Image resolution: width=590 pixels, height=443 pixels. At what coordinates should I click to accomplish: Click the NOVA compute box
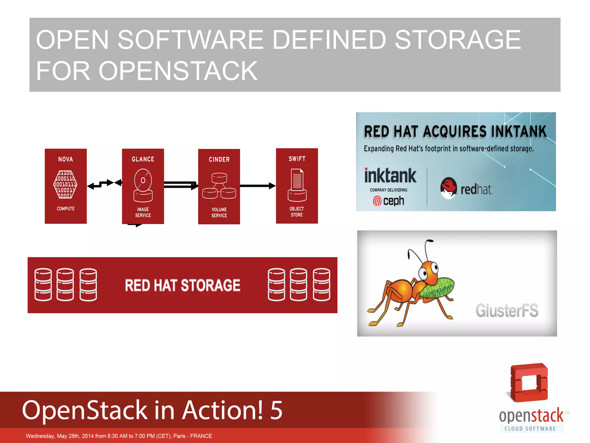66,186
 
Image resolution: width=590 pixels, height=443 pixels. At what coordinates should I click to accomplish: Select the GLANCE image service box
143,186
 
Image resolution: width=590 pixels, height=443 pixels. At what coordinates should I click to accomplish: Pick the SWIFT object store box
297,186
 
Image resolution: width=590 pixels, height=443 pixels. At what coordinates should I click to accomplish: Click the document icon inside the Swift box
297,180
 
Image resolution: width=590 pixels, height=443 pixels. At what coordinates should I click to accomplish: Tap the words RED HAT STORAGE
182,285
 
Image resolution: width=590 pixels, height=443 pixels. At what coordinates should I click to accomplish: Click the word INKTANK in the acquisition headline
518,132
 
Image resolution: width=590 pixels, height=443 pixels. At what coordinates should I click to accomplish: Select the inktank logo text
390,176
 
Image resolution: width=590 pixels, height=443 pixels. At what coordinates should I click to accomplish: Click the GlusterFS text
507,311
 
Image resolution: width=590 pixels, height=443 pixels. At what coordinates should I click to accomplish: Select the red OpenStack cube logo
529,382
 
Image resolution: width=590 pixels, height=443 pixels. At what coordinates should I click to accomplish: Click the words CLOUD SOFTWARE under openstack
530,429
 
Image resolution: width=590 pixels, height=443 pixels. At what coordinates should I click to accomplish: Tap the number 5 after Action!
276,410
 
